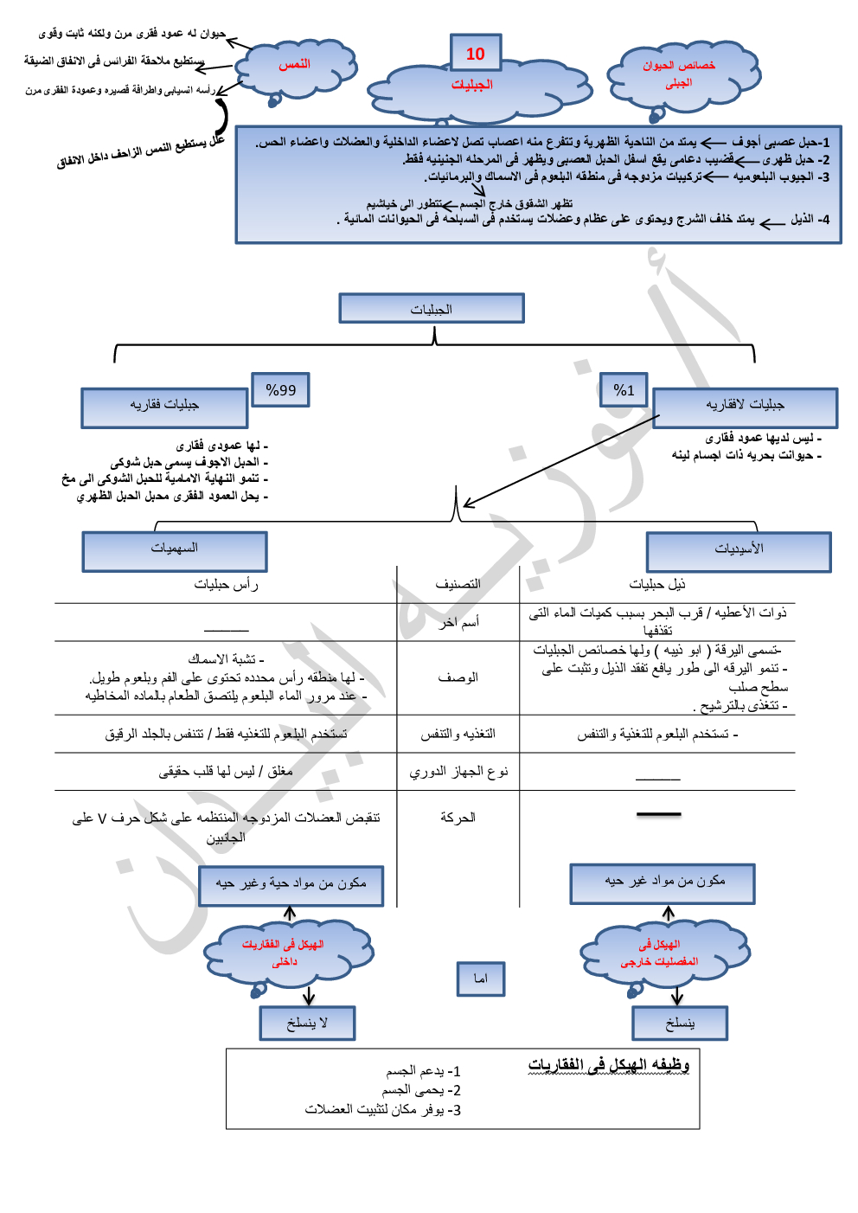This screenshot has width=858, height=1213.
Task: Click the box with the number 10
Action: (x=476, y=54)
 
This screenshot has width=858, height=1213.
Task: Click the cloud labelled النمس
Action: (x=295, y=65)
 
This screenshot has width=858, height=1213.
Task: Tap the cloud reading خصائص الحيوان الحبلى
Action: (x=679, y=74)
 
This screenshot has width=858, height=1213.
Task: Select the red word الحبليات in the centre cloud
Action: (x=472, y=85)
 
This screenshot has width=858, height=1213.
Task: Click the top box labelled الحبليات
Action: (x=432, y=309)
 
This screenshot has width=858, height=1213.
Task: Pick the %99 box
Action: (x=281, y=390)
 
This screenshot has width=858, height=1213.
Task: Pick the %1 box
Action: (x=624, y=390)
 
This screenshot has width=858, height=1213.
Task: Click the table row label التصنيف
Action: (x=458, y=584)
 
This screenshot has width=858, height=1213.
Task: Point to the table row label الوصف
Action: (x=458, y=677)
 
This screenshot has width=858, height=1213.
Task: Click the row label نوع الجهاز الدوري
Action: (x=458, y=771)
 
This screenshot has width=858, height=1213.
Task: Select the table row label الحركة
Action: (x=458, y=818)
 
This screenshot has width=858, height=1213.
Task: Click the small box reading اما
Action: (x=481, y=979)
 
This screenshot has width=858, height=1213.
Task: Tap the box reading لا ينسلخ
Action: (x=307, y=1024)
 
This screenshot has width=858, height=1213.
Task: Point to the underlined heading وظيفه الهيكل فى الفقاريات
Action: (x=609, y=1065)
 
